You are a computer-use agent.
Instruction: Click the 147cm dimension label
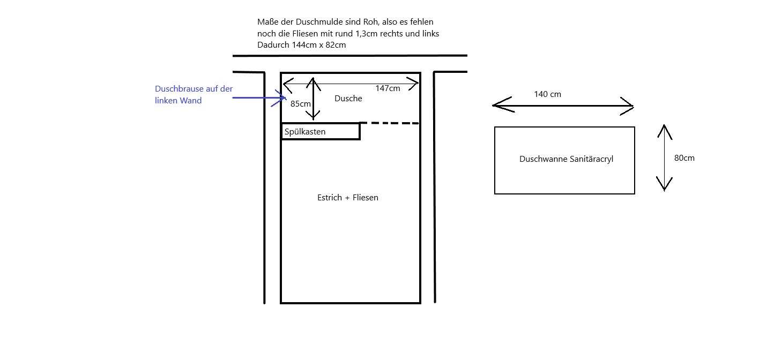(388, 88)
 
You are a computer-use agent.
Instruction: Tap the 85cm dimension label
(300, 104)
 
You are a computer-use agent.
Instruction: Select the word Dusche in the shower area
(348, 99)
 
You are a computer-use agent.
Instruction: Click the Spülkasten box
(320, 131)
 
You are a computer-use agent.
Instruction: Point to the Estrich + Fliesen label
(348, 198)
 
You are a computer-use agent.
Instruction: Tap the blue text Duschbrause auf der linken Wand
(194, 94)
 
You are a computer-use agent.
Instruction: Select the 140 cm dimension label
(547, 94)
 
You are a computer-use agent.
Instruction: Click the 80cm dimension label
(684, 158)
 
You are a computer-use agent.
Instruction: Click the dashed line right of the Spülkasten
(389, 123)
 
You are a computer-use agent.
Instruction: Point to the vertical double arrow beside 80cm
(664, 158)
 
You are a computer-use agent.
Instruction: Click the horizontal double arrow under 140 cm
(563, 106)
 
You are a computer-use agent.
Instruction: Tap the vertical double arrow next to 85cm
(314, 97)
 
